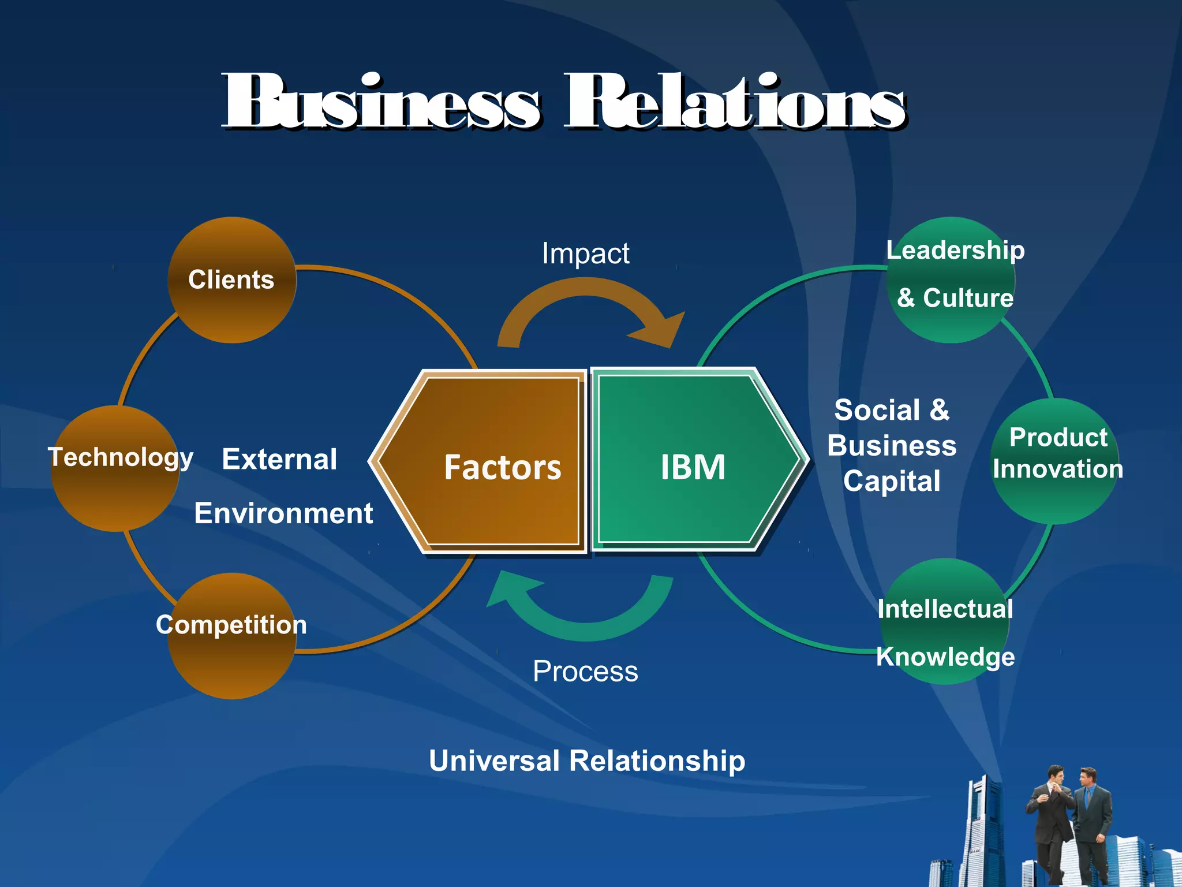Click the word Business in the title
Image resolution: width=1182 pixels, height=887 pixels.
(381, 103)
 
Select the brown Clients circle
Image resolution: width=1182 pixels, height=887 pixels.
(231, 281)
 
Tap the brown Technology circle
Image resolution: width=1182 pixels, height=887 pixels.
(115, 469)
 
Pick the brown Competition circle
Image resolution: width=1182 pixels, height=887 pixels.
(231, 635)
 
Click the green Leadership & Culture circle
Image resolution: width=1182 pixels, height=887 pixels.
(951, 281)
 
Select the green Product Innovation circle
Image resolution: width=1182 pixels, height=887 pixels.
(1055, 461)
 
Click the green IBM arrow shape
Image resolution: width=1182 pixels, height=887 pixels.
(693, 462)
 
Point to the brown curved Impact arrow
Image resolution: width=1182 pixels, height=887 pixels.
(589, 300)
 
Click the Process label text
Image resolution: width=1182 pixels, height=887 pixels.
(585, 672)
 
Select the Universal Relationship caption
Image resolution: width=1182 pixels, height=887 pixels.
(587, 761)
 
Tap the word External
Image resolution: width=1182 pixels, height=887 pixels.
(279, 460)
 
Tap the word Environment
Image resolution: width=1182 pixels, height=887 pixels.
(283, 513)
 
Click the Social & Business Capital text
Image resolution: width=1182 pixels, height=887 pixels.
(892, 446)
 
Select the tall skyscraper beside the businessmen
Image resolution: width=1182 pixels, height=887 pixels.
(981, 832)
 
